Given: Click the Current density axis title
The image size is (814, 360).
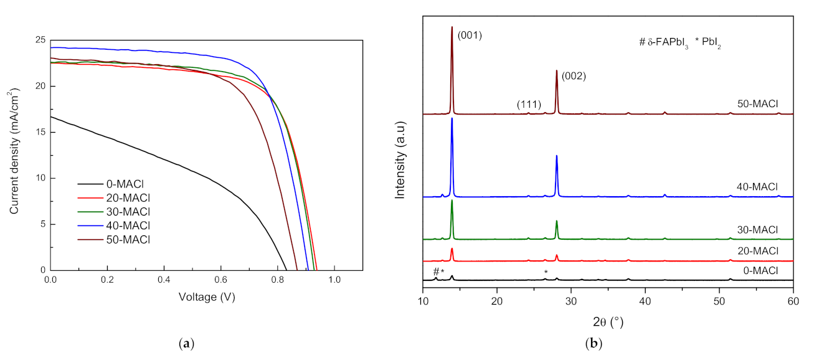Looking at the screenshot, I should [x=14, y=155].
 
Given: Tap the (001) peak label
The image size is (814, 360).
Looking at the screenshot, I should [x=470, y=35].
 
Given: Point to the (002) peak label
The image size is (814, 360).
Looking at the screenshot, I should [x=574, y=77].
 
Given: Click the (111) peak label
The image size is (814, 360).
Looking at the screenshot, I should [x=528, y=104].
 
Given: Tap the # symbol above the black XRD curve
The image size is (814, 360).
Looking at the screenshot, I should [x=435, y=271].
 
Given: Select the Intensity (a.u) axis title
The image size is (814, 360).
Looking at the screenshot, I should [x=402, y=155].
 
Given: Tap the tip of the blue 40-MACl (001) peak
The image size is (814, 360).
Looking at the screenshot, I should [x=452, y=118].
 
